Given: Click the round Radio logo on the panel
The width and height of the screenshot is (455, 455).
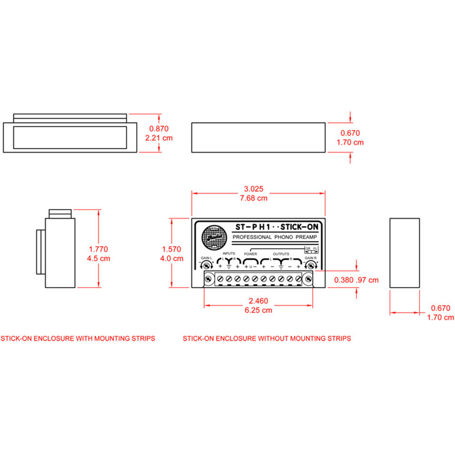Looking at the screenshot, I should coord(212,237).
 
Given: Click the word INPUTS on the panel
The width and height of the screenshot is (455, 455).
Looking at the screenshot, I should coord(229,253).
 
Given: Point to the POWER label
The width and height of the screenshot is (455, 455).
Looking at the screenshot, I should coord(251,253).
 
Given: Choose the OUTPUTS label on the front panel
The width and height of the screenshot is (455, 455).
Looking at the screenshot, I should coord(281,253).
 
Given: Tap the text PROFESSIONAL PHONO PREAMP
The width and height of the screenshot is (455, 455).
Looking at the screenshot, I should coord(274,238).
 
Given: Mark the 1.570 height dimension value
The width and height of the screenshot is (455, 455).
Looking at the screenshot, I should coord(172,249).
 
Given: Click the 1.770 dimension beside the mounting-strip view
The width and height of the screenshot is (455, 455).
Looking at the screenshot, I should coord(99,249).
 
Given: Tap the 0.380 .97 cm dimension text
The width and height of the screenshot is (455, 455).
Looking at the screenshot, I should coord(356,280).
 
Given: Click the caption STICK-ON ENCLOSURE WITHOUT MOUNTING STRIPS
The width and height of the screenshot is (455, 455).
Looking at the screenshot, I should coord(267,339).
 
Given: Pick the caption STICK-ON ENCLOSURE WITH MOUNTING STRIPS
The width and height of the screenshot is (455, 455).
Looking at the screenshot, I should coord(78,339).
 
